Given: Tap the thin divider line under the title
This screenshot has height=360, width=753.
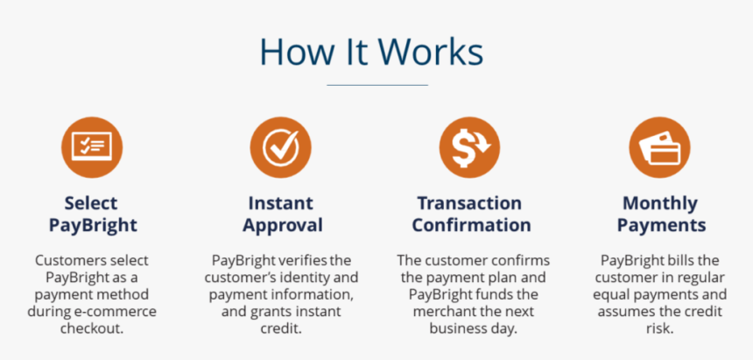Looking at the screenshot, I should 376,85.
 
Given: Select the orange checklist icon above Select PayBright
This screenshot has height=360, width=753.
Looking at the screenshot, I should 92,146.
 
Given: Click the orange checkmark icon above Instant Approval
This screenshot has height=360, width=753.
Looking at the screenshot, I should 280,146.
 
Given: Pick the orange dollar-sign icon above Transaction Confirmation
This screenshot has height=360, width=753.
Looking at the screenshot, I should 469,146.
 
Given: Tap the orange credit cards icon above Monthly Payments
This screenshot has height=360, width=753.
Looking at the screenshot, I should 659,146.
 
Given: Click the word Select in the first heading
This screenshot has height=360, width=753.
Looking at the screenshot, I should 92,203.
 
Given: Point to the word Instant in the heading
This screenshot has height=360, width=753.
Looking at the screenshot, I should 280,203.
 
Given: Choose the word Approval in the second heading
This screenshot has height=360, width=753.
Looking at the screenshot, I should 282,225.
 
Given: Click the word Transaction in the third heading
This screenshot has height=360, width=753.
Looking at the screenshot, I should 469,203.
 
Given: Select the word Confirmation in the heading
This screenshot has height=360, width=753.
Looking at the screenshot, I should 471,225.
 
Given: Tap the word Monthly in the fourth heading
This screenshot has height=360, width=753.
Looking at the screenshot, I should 659,203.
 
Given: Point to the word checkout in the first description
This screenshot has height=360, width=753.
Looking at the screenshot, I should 92,328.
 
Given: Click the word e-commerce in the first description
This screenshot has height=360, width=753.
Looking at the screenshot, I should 109,312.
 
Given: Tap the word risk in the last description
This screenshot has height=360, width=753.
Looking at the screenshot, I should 661,328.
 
